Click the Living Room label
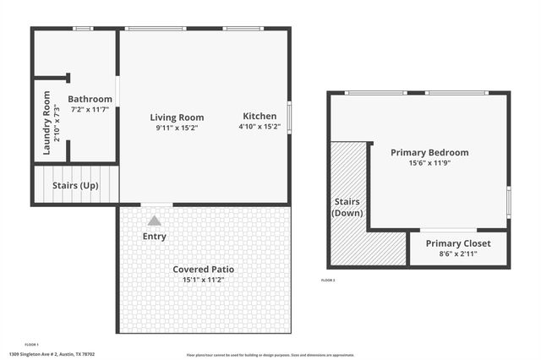coord(177,117)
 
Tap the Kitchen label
coord(259,116)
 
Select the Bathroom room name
coord(90,99)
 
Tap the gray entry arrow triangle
coord(154,221)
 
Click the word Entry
coord(155,237)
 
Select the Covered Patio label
coord(204,270)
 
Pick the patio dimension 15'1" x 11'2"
coord(204,280)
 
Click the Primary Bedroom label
coord(429,152)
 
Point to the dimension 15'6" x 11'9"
coord(429,163)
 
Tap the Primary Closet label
coord(460,243)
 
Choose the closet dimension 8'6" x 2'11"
coord(460,254)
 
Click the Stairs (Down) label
coord(347,208)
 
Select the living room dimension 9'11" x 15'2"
coord(177,128)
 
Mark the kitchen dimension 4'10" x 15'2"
coord(259,127)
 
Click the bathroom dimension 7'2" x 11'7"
coord(90,110)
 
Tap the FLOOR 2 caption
coord(328,280)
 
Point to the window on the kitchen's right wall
coord(289,117)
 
